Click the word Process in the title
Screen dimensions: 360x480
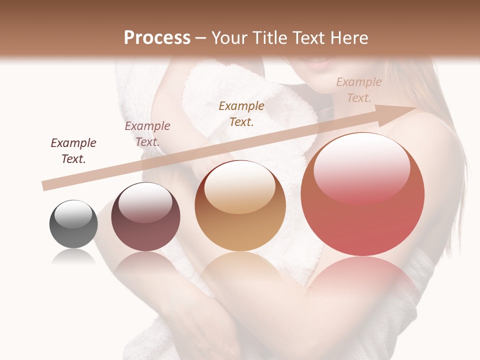[157, 38]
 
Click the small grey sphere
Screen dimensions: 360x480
[73, 224]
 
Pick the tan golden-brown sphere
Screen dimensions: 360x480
[240, 205]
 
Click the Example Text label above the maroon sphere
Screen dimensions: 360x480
[147, 134]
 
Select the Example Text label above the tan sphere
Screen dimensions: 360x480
[241, 113]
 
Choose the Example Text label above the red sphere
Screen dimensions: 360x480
[359, 90]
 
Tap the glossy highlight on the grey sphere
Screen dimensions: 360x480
[73, 213]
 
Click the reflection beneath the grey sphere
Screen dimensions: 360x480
[73, 257]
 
